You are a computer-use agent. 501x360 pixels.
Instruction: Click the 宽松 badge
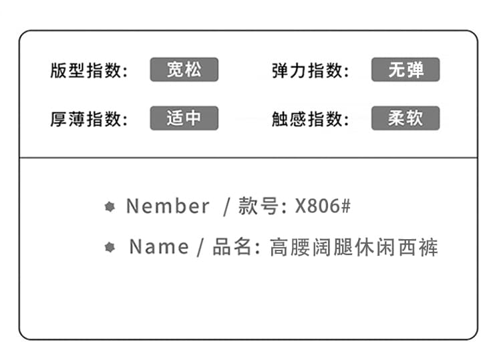coord(184,69)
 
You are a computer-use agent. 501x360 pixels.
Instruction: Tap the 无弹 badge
coord(405,69)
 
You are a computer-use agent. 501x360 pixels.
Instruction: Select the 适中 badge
coord(184,118)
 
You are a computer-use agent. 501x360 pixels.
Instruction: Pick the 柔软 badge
coord(405,118)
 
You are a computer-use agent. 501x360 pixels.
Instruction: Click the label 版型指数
coord(86,70)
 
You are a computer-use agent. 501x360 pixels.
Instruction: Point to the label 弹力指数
coord(307,70)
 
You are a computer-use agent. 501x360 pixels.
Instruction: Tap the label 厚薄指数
coord(86,119)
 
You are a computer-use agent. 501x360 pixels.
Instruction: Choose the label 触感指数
coord(307,119)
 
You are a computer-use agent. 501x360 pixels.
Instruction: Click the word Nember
coord(168,206)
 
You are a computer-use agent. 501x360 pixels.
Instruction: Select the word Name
coord(159,247)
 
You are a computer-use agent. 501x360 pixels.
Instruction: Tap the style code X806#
coord(323,206)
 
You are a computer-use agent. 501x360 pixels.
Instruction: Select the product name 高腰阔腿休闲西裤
coord(353,247)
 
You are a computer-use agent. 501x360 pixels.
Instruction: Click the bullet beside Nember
coord(110,206)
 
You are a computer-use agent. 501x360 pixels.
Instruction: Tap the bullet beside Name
coord(110,247)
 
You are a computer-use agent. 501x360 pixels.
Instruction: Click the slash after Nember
coord(226,207)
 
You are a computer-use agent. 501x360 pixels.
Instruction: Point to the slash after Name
coord(200,248)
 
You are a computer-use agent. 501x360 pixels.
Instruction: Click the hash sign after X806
coord(346,206)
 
